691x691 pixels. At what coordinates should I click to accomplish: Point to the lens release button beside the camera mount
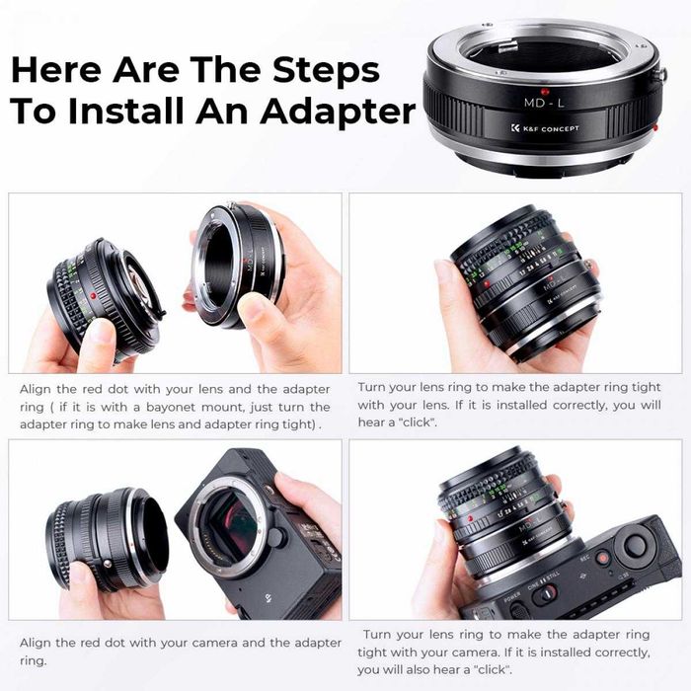(279, 537)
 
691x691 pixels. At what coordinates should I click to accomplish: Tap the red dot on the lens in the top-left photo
(90, 293)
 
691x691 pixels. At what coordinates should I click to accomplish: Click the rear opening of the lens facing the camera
(148, 538)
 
